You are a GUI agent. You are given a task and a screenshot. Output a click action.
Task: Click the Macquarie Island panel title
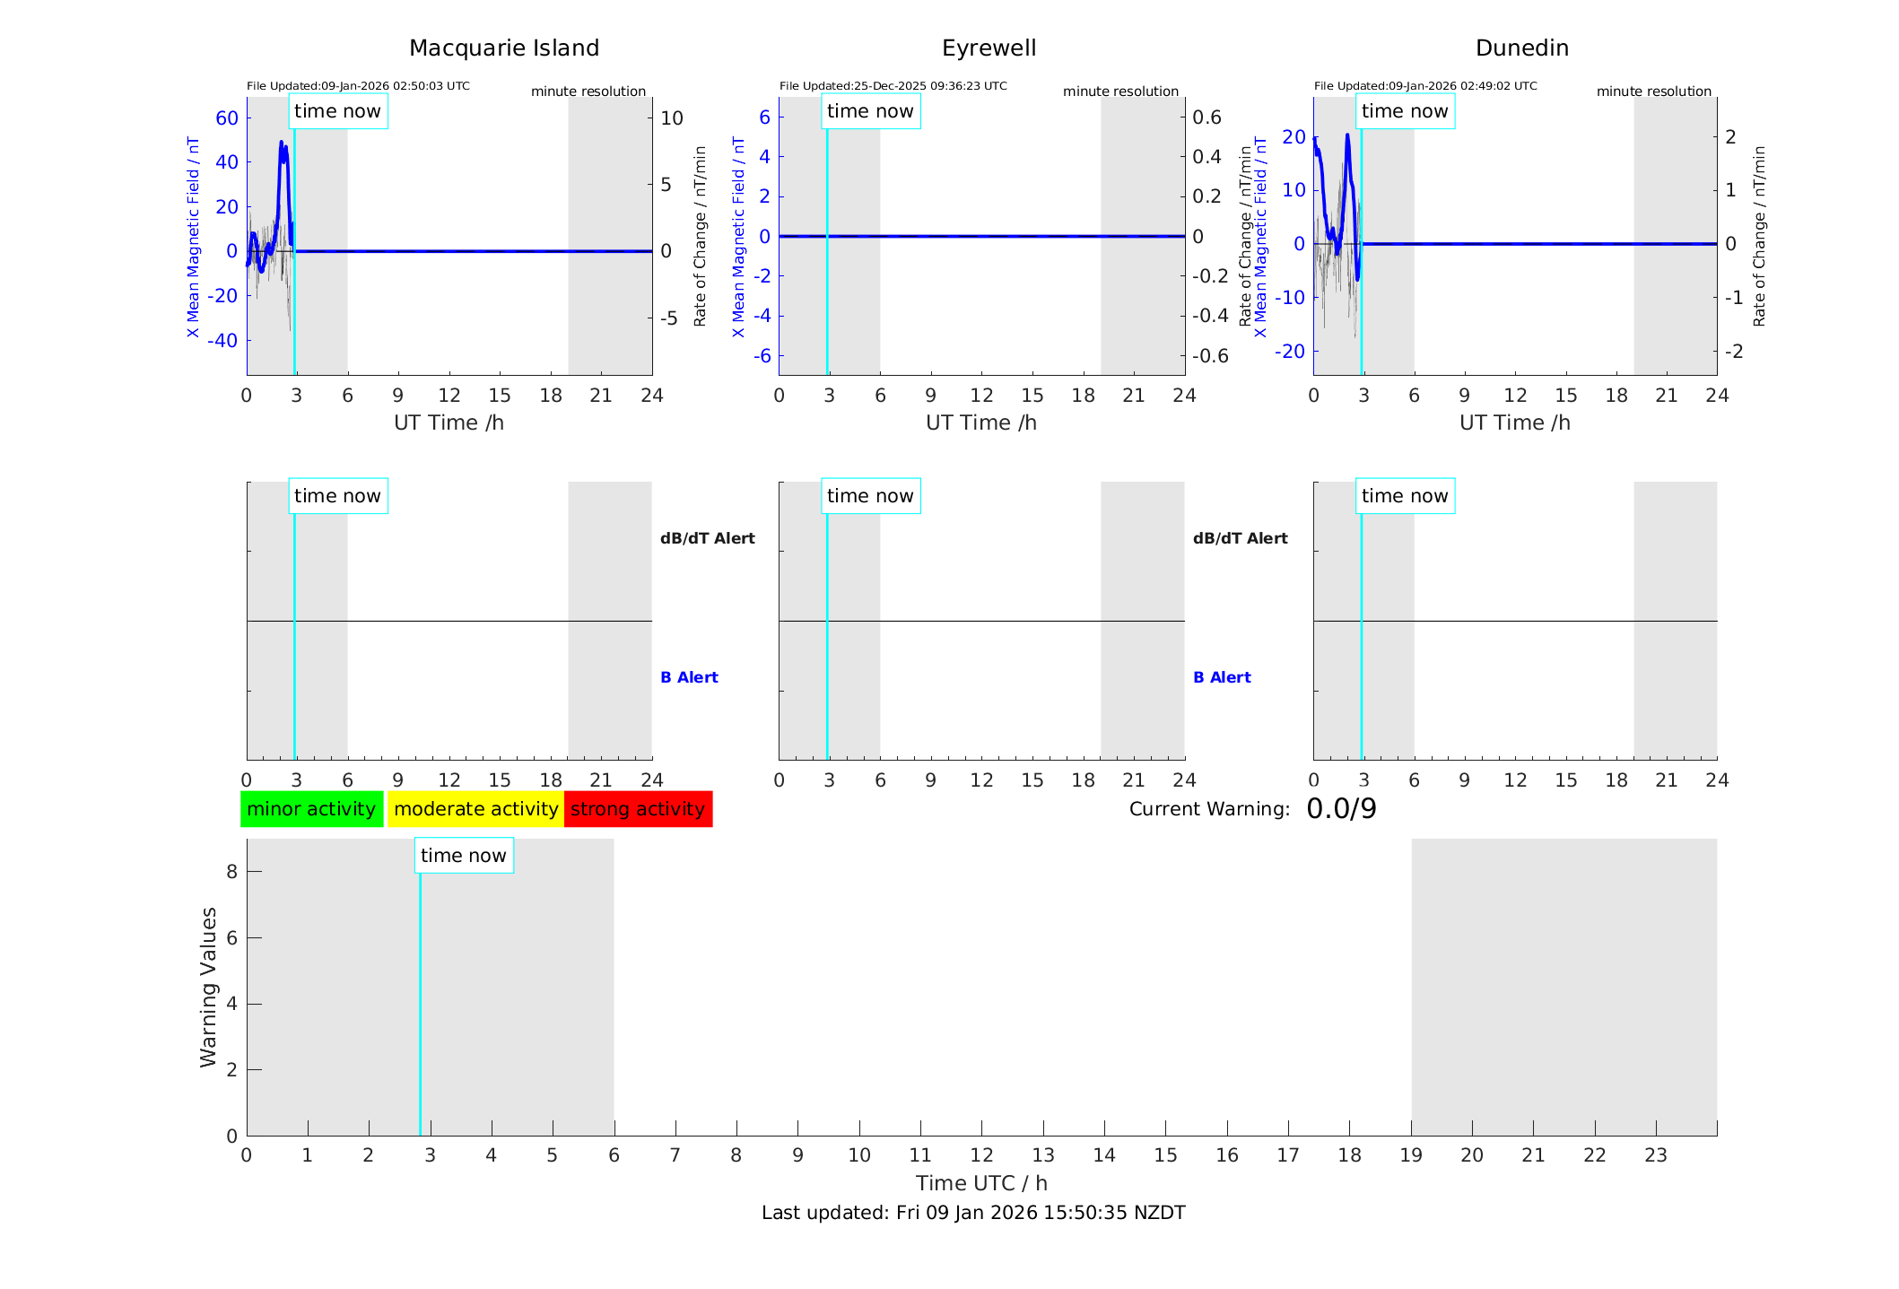[x=504, y=48]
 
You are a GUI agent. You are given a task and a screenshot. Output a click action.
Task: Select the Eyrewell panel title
[x=989, y=48]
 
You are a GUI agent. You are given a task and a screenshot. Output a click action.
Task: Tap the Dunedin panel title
[x=1521, y=48]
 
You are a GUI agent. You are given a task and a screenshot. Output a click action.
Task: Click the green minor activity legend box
[x=311, y=809]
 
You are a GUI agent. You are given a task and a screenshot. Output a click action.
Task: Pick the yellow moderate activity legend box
[x=475, y=809]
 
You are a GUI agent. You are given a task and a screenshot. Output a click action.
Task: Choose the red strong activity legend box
[x=638, y=809]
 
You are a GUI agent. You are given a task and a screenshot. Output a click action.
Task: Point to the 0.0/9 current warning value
[x=1341, y=809]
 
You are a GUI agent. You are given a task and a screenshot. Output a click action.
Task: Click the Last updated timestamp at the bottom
[x=973, y=1213]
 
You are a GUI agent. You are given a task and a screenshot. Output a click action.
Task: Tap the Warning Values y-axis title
[x=208, y=987]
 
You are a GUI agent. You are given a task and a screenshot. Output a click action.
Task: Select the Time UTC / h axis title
[x=981, y=1183]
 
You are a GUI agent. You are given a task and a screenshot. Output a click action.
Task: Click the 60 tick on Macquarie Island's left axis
[x=227, y=118]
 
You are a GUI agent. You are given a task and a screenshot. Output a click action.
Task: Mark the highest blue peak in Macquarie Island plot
[x=281, y=142]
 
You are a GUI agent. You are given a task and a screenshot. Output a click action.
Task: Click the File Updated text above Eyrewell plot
[x=893, y=86]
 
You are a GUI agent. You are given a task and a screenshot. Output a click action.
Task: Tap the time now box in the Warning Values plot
[x=464, y=856]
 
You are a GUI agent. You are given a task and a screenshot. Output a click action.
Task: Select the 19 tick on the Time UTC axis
[x=1411, y=1155]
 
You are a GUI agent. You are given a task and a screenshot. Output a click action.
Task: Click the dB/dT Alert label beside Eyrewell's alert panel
[x=1240, y=538]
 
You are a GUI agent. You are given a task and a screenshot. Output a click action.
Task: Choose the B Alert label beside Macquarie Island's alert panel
[x=689, y=677]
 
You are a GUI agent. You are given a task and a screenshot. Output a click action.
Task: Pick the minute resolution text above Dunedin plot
[x=1653, y=91]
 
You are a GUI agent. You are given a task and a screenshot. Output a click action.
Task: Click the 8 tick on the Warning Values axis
[x=231, y=872]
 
